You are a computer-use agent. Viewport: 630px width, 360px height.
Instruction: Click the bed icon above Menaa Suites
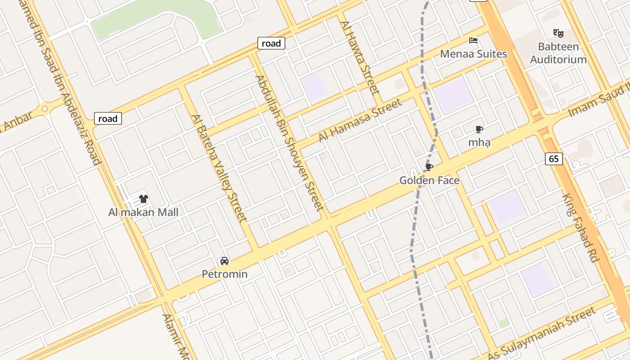tap(473, 40)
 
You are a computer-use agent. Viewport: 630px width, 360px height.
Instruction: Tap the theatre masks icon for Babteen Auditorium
tap(558, 33)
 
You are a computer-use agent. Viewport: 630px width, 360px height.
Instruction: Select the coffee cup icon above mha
tap(479, 130)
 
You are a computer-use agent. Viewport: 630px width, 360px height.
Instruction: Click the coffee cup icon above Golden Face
tap(429, 167)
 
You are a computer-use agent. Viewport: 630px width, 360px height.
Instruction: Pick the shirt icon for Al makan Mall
tap(144, 198)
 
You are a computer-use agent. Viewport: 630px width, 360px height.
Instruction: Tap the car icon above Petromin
tap(224, 261)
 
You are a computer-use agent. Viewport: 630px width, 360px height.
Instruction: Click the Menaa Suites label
tap(473, 54)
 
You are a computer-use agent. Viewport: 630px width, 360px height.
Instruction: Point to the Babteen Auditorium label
tap(558, 53)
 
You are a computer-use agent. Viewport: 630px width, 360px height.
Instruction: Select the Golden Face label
tap(429, 180)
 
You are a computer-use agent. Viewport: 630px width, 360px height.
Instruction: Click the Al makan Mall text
tap(144, 212)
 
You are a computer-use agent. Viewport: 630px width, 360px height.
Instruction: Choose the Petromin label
tap(225, 274)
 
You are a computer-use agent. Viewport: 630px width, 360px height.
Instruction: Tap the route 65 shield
tap(554, 158)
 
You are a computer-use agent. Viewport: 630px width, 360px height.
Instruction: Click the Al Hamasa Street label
tap(360, 120)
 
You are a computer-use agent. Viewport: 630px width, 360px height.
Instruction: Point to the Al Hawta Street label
tap(360, 57)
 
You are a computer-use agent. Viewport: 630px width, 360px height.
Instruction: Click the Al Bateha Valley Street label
tap(219, 168)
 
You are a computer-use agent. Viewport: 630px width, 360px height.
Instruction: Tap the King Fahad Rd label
tap(581, 228)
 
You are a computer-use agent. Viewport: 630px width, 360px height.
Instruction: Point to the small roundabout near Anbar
tap(44, 109)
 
